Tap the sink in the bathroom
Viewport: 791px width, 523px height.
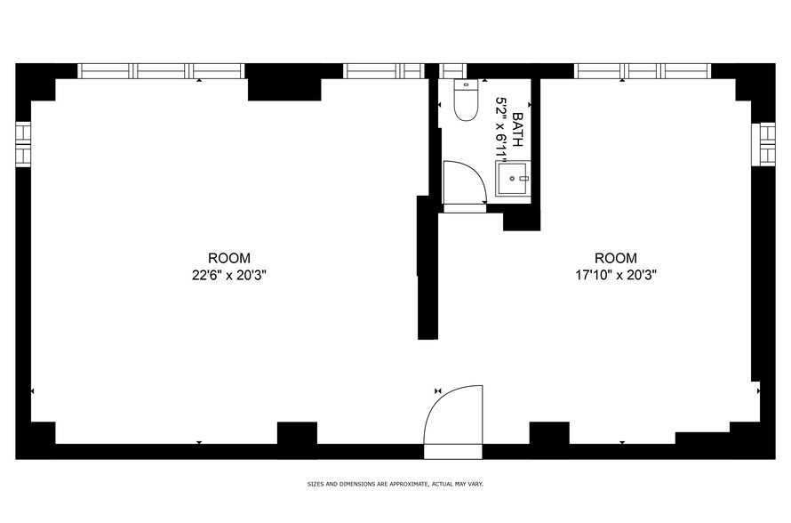[513, 178]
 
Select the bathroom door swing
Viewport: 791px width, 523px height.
[463, 182]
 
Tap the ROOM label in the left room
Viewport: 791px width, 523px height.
[229, 258]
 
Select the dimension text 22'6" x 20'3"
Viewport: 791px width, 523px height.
[229, 276]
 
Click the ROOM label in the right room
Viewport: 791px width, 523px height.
[616, 258]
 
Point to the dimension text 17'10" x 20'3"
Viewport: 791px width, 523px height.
[616, 276]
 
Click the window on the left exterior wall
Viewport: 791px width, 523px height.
[23, 143]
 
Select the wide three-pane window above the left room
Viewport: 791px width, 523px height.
[161, 71]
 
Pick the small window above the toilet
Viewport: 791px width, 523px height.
[453, 71]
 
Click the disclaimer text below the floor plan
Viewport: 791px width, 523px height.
[395, 485]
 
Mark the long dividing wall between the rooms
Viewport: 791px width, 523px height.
[427, 267]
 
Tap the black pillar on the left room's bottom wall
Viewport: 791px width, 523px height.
[297, 435]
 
